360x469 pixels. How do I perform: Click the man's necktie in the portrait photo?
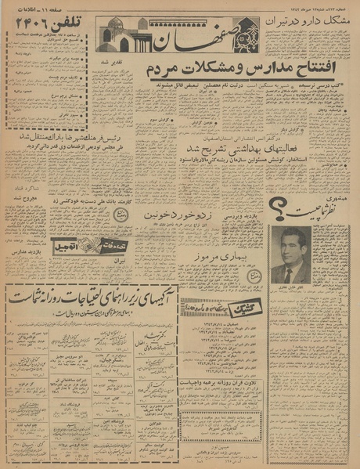[290, 273]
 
